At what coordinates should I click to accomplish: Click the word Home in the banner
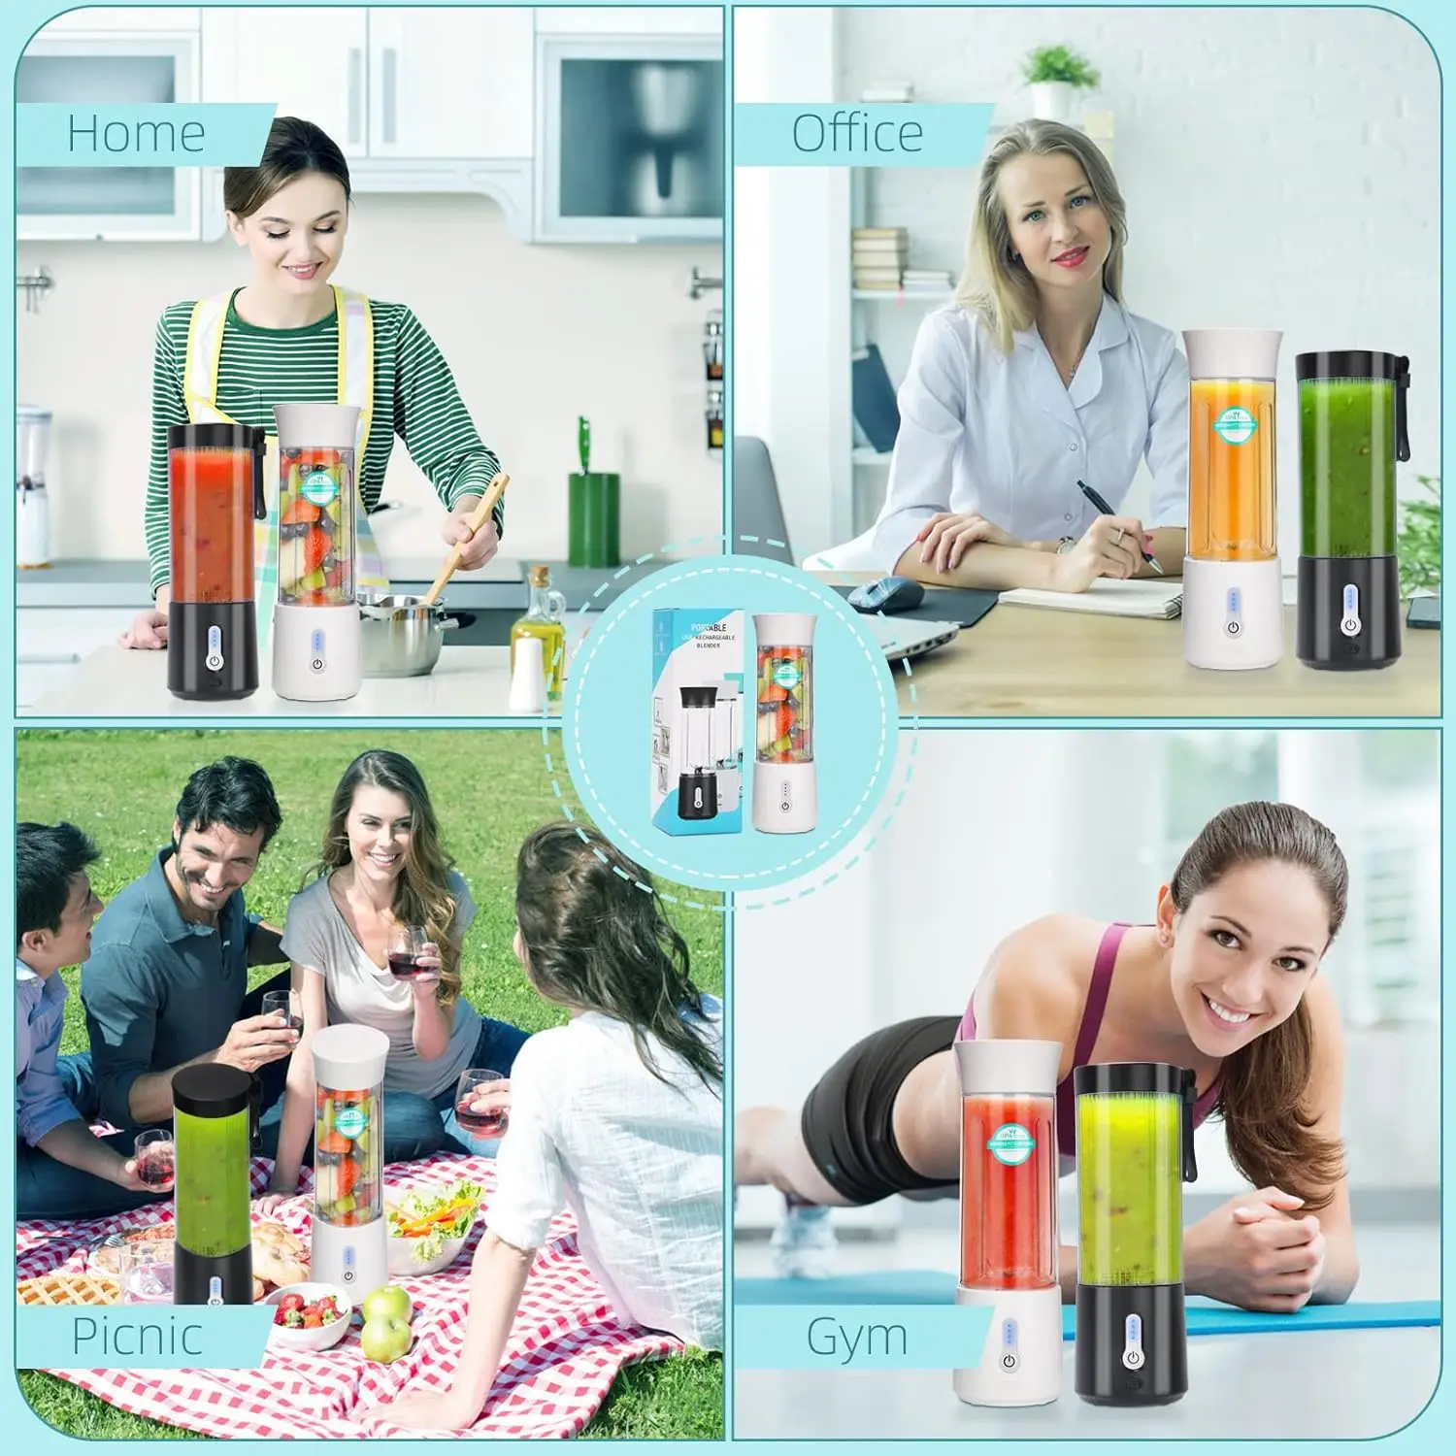(x=136, y=133)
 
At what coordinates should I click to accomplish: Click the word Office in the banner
(x=857, y=133)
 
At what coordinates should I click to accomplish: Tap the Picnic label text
(x=137, y=1336)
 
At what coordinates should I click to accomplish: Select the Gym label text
(x=857, y=1337)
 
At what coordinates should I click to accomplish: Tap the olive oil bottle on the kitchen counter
(x=537, y=621)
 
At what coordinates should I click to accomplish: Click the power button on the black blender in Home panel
(x=213, y=661)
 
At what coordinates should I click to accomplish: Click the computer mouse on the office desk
(x=890, y=593)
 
